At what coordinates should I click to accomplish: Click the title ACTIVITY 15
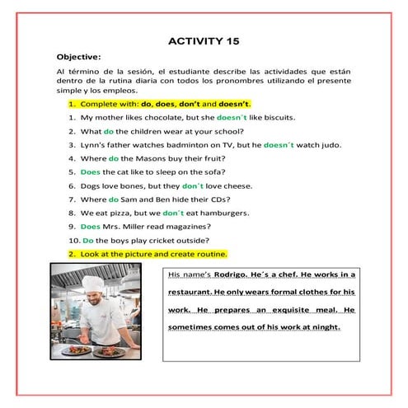[x=204, y=40]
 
